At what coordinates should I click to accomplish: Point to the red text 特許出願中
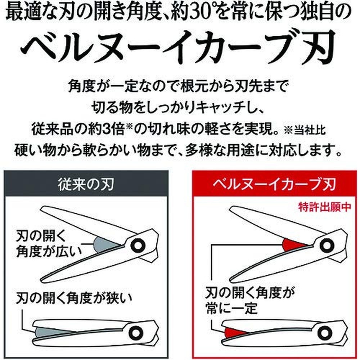[324, 207]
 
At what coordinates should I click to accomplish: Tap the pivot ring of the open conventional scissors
[138, 245]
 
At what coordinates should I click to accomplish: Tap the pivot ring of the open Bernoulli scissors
[327, 244]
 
